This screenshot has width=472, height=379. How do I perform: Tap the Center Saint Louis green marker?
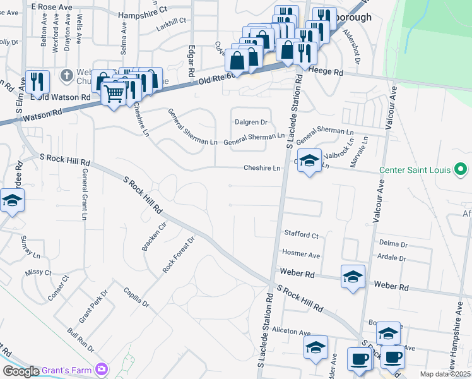[460, 169]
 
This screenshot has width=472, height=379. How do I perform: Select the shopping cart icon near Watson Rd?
[114, 94]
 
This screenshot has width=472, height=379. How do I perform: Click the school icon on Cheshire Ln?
[309, 160]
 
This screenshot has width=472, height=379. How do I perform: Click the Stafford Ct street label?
[301, 235]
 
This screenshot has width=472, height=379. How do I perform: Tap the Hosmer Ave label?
[301, 255]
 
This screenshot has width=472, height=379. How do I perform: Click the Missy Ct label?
[38, 272]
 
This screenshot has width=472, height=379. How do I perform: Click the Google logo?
[20, 371]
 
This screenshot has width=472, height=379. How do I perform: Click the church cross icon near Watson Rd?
[66, 76]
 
